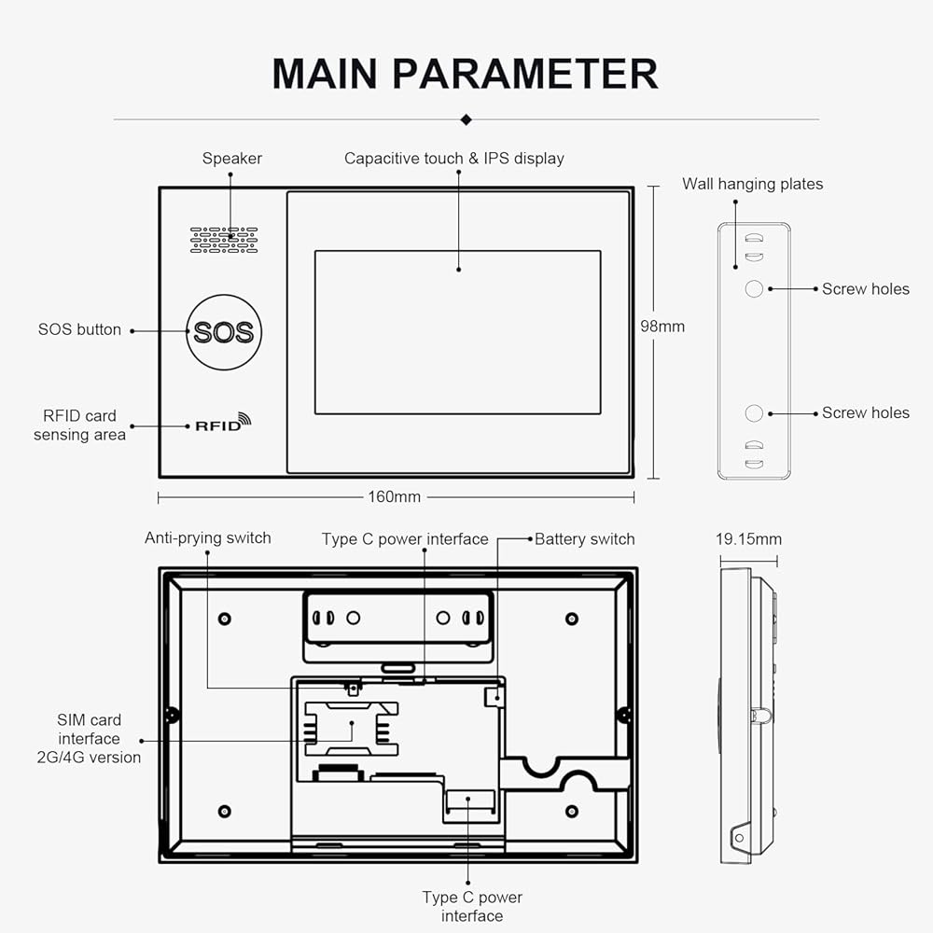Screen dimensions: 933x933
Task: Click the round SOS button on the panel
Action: tap(224, 332)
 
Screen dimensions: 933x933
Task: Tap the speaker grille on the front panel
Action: tap(224, 239)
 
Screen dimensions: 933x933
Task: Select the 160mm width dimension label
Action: tap(394, 497)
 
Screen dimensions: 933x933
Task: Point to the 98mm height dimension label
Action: tap(662, 326)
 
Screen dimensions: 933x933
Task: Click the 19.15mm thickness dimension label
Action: tap(748, 539)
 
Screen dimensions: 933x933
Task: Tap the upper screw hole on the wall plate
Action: tap(754, 288)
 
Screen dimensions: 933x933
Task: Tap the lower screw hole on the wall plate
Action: tap(754, 413)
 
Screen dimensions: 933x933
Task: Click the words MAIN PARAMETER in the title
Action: tap(466, 74)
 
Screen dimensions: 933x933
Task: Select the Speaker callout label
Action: tap(232, 159)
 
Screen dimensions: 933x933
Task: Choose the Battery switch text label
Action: tap(585, 539)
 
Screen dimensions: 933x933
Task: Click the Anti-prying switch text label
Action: tap(208, 538)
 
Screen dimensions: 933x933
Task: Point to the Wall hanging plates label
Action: tap(753, 184)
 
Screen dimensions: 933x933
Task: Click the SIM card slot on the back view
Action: tap(351, 729)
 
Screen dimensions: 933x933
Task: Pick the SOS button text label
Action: tap(79, 329)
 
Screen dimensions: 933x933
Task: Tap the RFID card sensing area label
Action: tap(79, 425)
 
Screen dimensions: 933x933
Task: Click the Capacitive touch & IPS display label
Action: tap(454, 159)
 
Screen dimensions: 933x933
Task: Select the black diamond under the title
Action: tap(466, 119)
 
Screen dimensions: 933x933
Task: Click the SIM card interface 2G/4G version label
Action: tap(89, 738)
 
